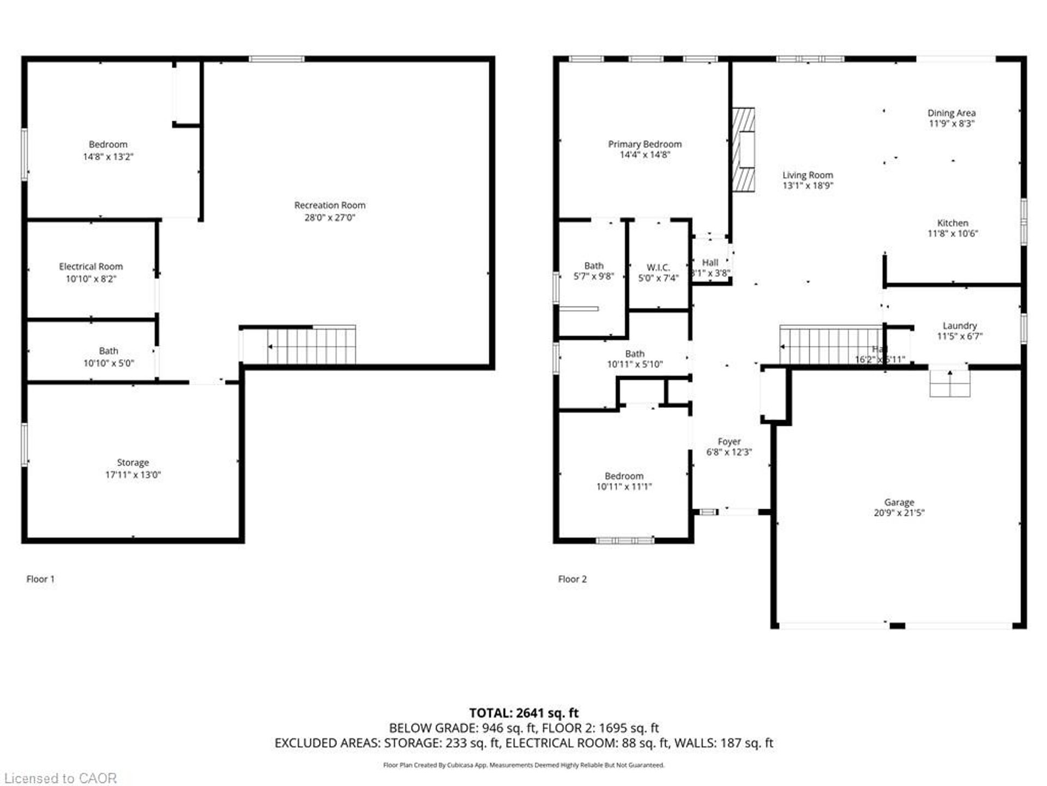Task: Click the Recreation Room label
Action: pyautogui.click(x=329, y=205)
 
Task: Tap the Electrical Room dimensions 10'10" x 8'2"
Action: pyautogui.click(x=91, y=279)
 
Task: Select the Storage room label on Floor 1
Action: pyautogui.click(x=133, y=463)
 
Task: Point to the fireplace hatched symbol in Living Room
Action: pyautogui.click(x=743, y=150)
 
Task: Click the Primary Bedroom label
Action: pyautogui.click(x=645, y=144)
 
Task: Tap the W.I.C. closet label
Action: pyautogui.click(x=658, y=267)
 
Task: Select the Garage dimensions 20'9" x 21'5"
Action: pyautogui.click(x=899, y=513)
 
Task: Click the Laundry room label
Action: pyautogui.click(x=959, y=326)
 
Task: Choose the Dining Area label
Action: pyautogui.click(x=951, y=113)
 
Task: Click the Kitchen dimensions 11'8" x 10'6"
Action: pyautogui.click(x=952, y=234)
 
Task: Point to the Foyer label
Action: pyautogui.click(x=729, y=442)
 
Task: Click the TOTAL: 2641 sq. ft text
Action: pyautogui.click(x=523, y=713)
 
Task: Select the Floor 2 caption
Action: pyautogui.click(x=572, y=579)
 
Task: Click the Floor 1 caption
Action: pyautogui.click(x=40, y=579)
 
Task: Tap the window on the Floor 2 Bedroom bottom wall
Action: pyautogui.click(x=624, y=541)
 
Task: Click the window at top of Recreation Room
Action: pyautogui.click(x=276, y=59)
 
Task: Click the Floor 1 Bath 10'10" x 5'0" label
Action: pyautogui.click(x=108, y=357)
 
